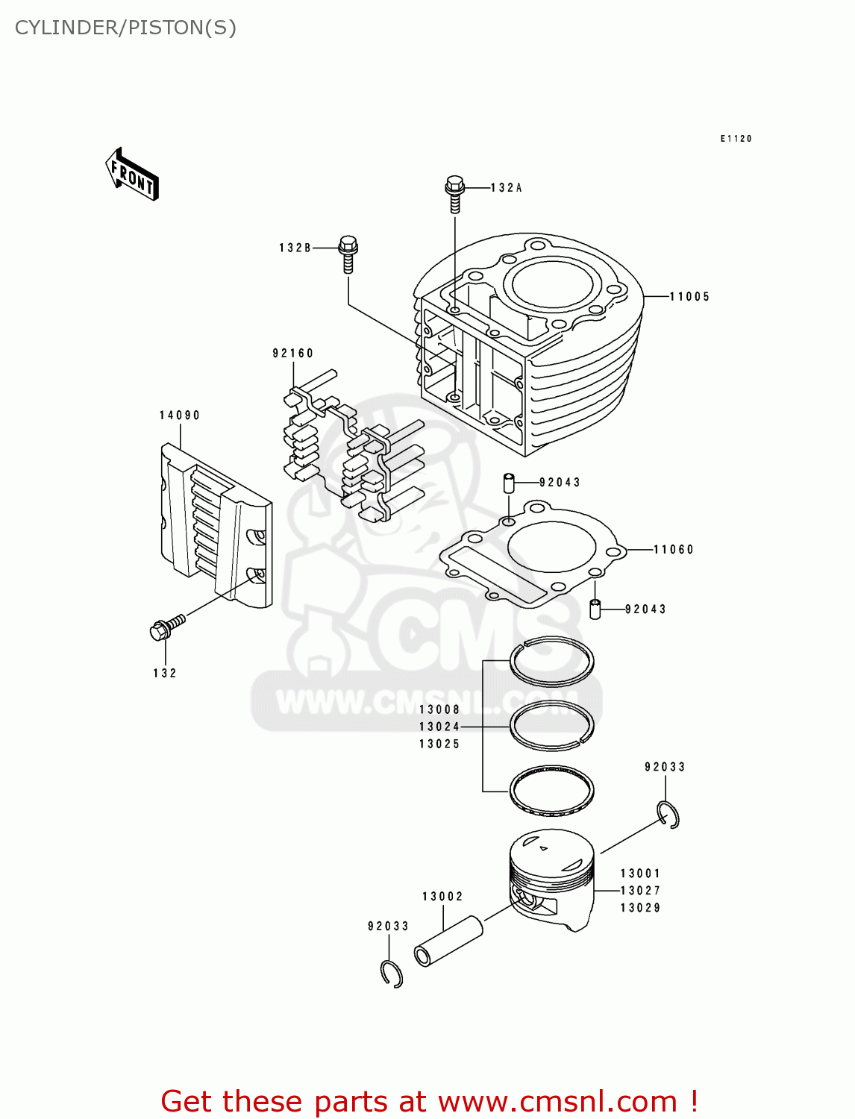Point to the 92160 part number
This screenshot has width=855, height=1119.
point(292,354)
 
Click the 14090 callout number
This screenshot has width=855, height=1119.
point(179,416)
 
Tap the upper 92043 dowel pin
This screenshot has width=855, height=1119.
point(509,483)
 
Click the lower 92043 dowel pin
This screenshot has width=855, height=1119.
point(595,609)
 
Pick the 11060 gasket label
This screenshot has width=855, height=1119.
point(673,550)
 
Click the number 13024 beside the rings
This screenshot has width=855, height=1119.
point(439,727)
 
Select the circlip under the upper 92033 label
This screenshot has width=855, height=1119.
point(668,815)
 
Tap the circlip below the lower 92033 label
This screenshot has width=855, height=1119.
point(392,974)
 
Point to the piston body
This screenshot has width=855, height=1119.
point(553,880)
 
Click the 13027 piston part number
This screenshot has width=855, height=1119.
point(640,891)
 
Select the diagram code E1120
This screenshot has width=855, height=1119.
point(736,139)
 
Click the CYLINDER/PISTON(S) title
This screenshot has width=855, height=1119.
point(125,28)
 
